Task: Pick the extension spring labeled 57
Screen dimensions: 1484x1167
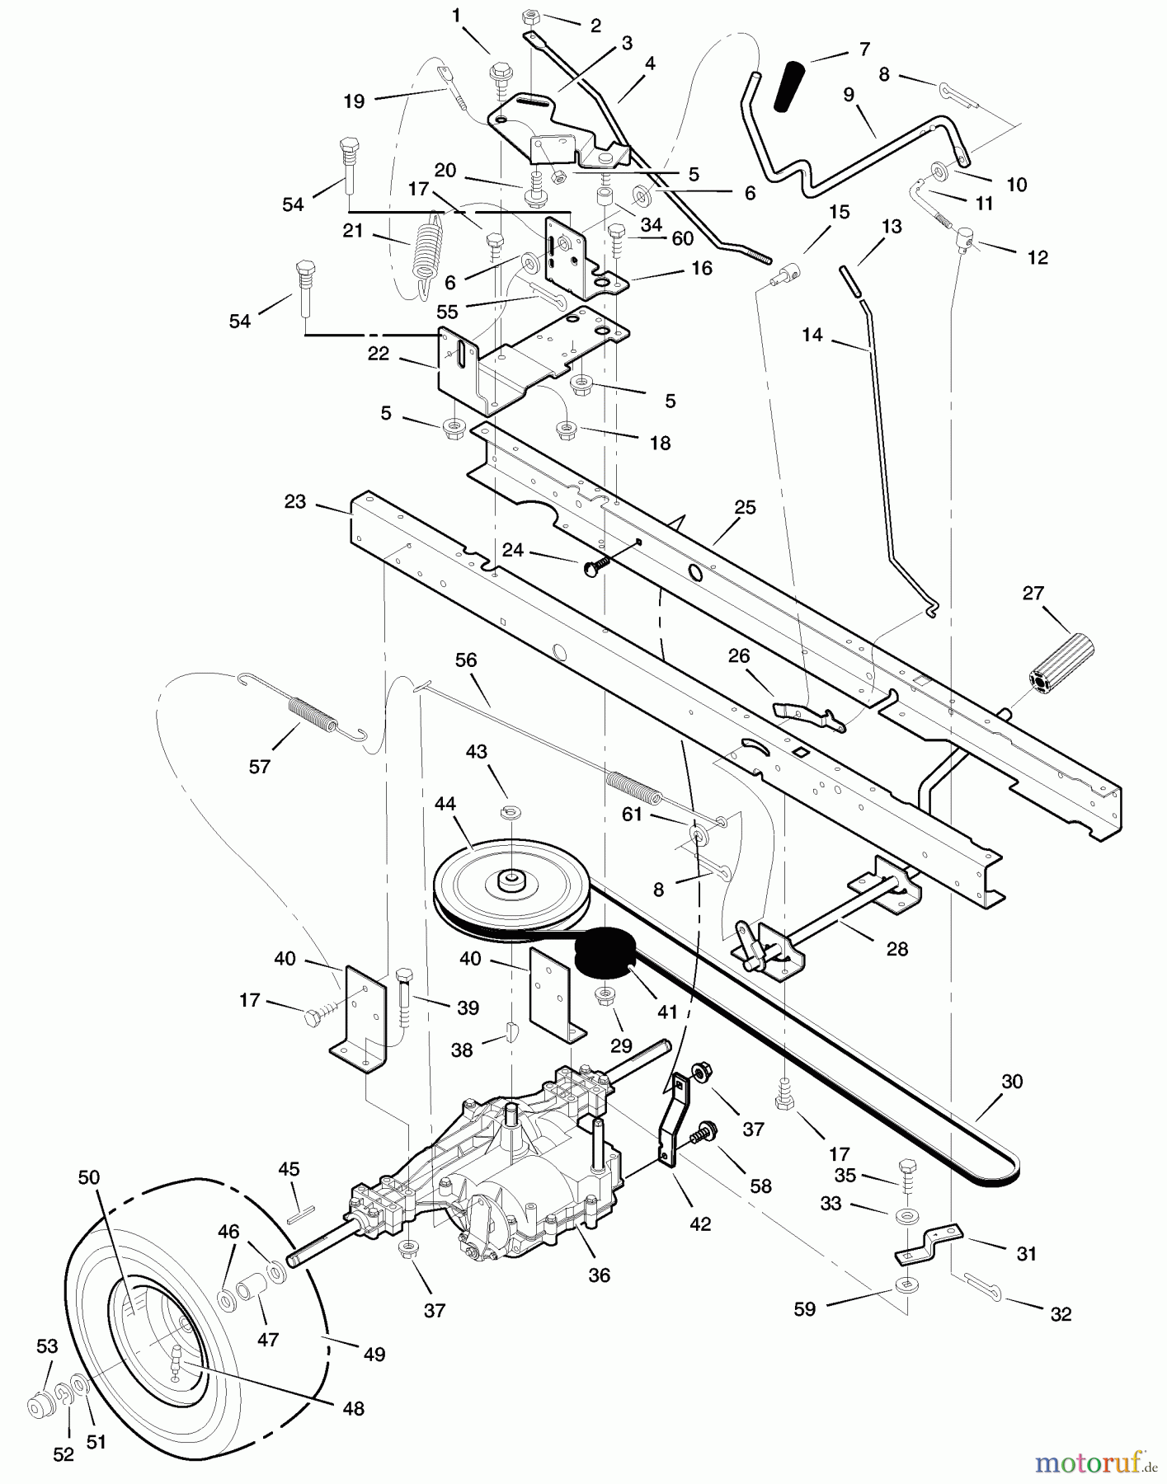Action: [312, 714]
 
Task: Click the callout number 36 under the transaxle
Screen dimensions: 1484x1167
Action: [600, 1275]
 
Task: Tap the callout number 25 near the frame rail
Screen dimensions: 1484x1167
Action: [745, 508]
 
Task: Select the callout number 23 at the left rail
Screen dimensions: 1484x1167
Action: [295, 501]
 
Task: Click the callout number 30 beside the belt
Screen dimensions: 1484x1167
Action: [1011, 1081]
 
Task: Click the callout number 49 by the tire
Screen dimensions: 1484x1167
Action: [374, 1354]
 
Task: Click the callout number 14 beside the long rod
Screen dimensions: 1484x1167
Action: [812, 335]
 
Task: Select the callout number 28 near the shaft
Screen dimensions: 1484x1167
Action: [896, 949]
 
